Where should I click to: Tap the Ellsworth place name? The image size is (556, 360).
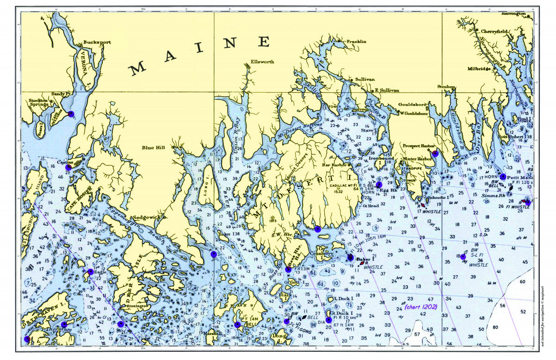click(262, 62)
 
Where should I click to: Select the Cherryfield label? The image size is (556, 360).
click(495, 32)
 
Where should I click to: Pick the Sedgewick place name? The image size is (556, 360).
click(147, 217)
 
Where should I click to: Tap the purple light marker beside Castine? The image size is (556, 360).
click(69, 168)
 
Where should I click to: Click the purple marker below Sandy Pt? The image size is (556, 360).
click(71, 114)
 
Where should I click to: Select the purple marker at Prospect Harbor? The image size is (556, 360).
click(435, 153)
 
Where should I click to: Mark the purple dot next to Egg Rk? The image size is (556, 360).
click(379, 185)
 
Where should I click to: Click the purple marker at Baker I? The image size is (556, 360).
click(350, 258)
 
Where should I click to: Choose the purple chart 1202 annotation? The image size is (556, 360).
click(421, 307)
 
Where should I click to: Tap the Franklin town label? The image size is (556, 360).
click(356, 41)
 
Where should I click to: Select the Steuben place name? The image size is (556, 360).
click(447, 87)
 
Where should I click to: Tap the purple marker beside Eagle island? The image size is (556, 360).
click(90, 272)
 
